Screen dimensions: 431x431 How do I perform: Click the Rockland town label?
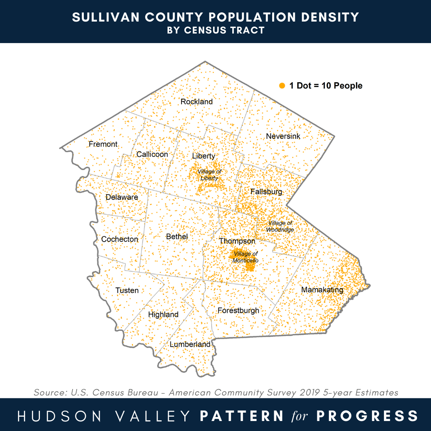pos(196,102)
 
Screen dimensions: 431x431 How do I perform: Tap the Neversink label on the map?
pos(283,136)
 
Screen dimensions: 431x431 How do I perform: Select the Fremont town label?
pos(103,144)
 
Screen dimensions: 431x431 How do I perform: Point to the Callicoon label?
pos(152,154)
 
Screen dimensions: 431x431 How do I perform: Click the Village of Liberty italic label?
pos(210,175)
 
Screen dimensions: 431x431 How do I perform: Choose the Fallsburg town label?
pos(266,192)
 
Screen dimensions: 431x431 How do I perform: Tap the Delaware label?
pos(122,197)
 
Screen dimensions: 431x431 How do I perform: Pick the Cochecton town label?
pos(120,239)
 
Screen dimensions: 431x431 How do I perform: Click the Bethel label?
pos(177,237)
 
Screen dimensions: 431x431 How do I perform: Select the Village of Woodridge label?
pos(280,226)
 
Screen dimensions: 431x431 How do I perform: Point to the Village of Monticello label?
pos(246,257)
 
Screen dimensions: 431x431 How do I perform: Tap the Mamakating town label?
pos(322,290)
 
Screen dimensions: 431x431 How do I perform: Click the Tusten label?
pos(127,290)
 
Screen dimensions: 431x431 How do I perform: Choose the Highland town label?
pos(163,314)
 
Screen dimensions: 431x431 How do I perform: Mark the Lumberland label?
pos(190,344)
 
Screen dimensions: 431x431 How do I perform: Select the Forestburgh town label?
pos(238,310)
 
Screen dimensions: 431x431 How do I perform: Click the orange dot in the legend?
pos(282,86)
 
